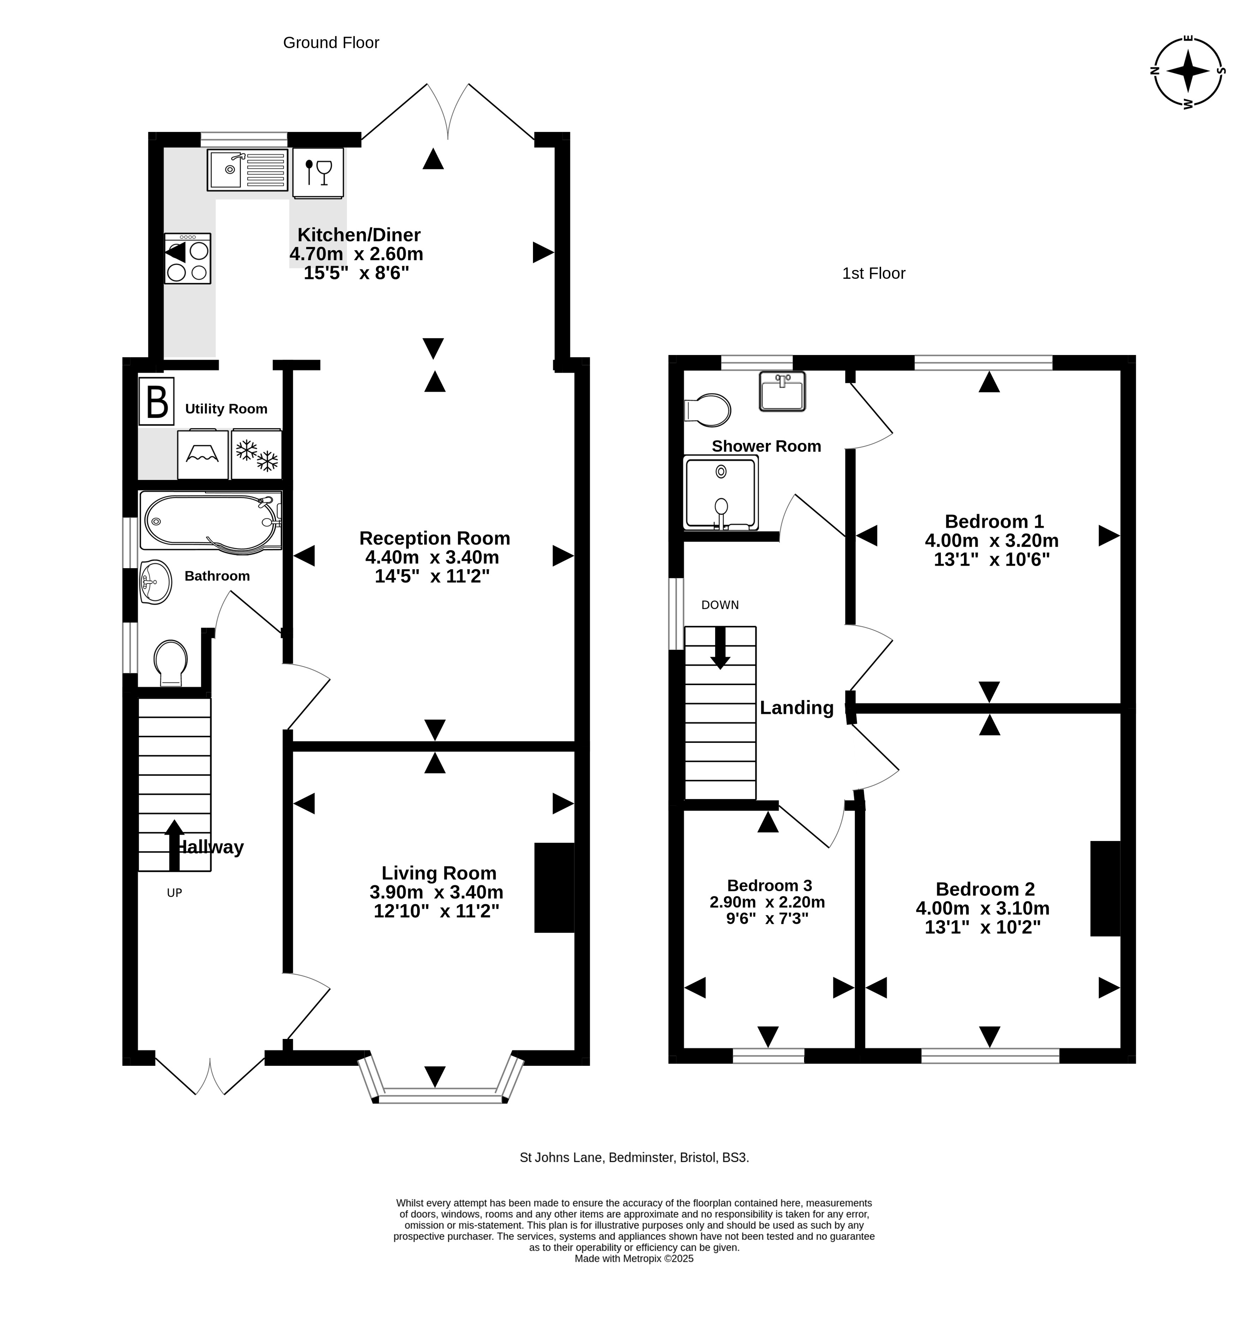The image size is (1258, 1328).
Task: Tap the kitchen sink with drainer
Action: point(247,170)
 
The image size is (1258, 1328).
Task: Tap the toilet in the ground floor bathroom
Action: point(170,663)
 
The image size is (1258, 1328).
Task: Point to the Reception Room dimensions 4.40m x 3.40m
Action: point(432,557)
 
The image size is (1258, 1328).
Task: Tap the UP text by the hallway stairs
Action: point(174,893)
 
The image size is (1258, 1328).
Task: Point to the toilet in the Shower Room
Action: point(707,410)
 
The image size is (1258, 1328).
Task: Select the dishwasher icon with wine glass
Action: point(318,173)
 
